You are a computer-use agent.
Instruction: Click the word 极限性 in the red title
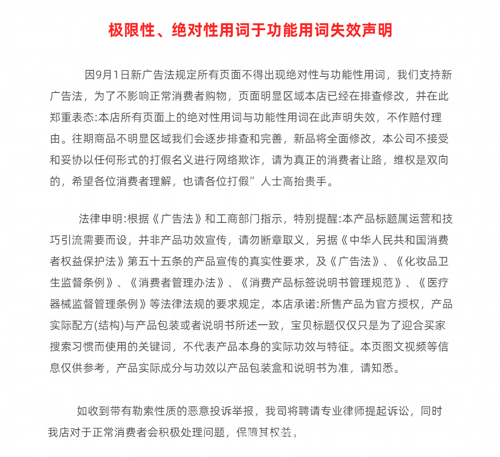click(132, 30)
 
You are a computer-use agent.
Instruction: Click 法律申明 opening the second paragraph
click(100, 219)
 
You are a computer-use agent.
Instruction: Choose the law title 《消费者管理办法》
click(178, 283)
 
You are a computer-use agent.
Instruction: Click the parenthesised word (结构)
click(109, 325)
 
